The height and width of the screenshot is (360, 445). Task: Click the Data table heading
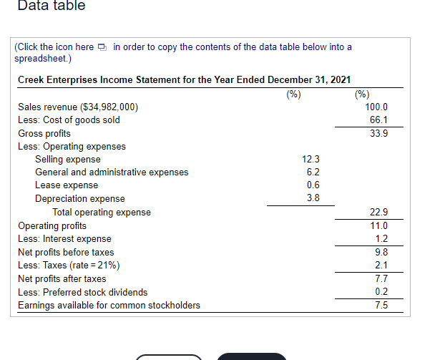point(51,6)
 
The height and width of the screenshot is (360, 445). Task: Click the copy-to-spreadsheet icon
point(103,48)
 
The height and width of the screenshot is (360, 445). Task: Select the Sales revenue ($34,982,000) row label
point(79,107)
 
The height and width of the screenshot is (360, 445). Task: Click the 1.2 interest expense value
point(381,238)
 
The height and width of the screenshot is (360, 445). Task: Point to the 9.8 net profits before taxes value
point(381,252)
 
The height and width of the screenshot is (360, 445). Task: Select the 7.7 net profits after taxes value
point(381,278)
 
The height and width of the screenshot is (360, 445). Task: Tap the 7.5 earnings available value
point(381,305)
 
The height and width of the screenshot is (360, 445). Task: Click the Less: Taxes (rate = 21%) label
point(69,266)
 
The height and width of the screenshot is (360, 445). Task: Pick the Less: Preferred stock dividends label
point(82,292)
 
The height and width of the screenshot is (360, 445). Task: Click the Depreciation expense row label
point(79,198)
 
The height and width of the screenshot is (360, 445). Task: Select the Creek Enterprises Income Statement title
point(184,79)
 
